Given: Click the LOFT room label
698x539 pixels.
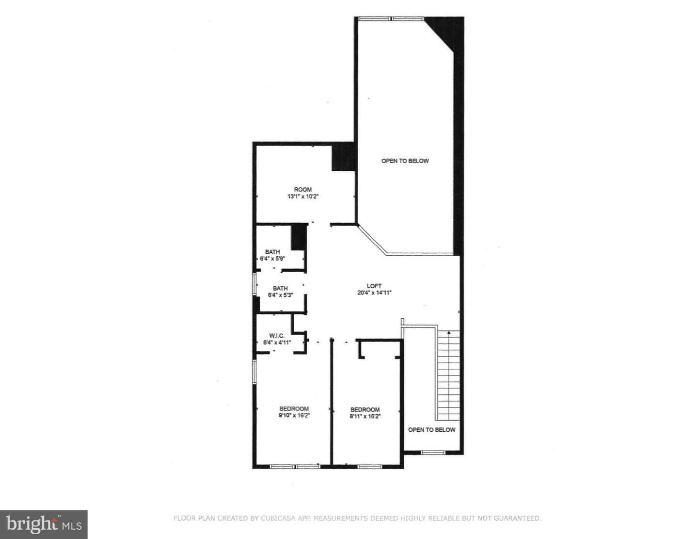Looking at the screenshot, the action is tap(374, 286).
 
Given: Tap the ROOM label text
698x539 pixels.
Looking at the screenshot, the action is tap(302, 190).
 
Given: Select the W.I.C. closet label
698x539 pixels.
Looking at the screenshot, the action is tap(277, 336).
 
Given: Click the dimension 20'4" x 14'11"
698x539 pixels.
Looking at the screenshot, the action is tap(374, 293).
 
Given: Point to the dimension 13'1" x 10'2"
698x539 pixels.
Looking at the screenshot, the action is tap(302, 196).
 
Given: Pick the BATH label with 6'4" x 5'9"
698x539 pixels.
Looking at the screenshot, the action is tap(272, 252).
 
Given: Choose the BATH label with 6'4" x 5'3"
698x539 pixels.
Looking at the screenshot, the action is tap(280, 288).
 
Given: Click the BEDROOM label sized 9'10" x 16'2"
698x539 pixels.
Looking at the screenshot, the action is tap(294, 408).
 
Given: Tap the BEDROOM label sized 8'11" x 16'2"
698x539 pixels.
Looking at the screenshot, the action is tap(365, 409).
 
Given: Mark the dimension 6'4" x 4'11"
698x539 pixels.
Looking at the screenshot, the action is tap(277, 343).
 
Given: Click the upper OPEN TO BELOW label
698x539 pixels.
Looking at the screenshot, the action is tap(405, 161).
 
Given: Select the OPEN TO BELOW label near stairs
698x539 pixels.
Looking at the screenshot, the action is tap(432, 430).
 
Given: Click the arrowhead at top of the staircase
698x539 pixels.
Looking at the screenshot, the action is tap(449, 332).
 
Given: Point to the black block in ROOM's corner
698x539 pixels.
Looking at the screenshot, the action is tap(343, 157).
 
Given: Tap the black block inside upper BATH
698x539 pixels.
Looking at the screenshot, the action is tap(299, 237).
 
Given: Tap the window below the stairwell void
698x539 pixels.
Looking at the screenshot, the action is tap(433, 453).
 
